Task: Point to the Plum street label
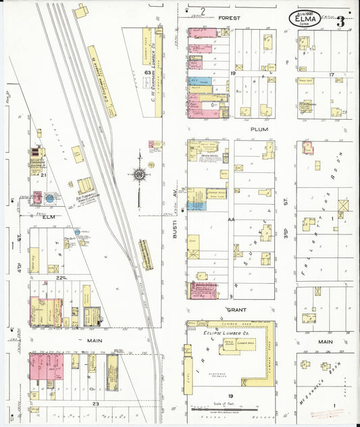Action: (259, 128)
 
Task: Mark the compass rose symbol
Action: (139, 175)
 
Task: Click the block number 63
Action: (147, 72)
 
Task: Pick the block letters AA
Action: (231, 220)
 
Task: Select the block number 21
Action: (43, 175)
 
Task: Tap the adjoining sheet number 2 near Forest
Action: (202, 10)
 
